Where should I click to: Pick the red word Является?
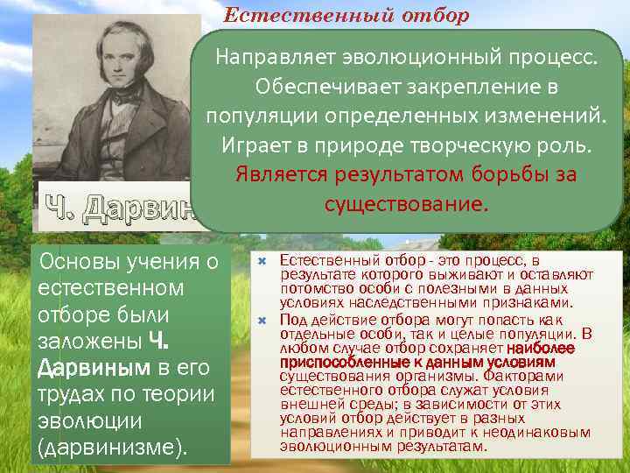click(x=279, y=173)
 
